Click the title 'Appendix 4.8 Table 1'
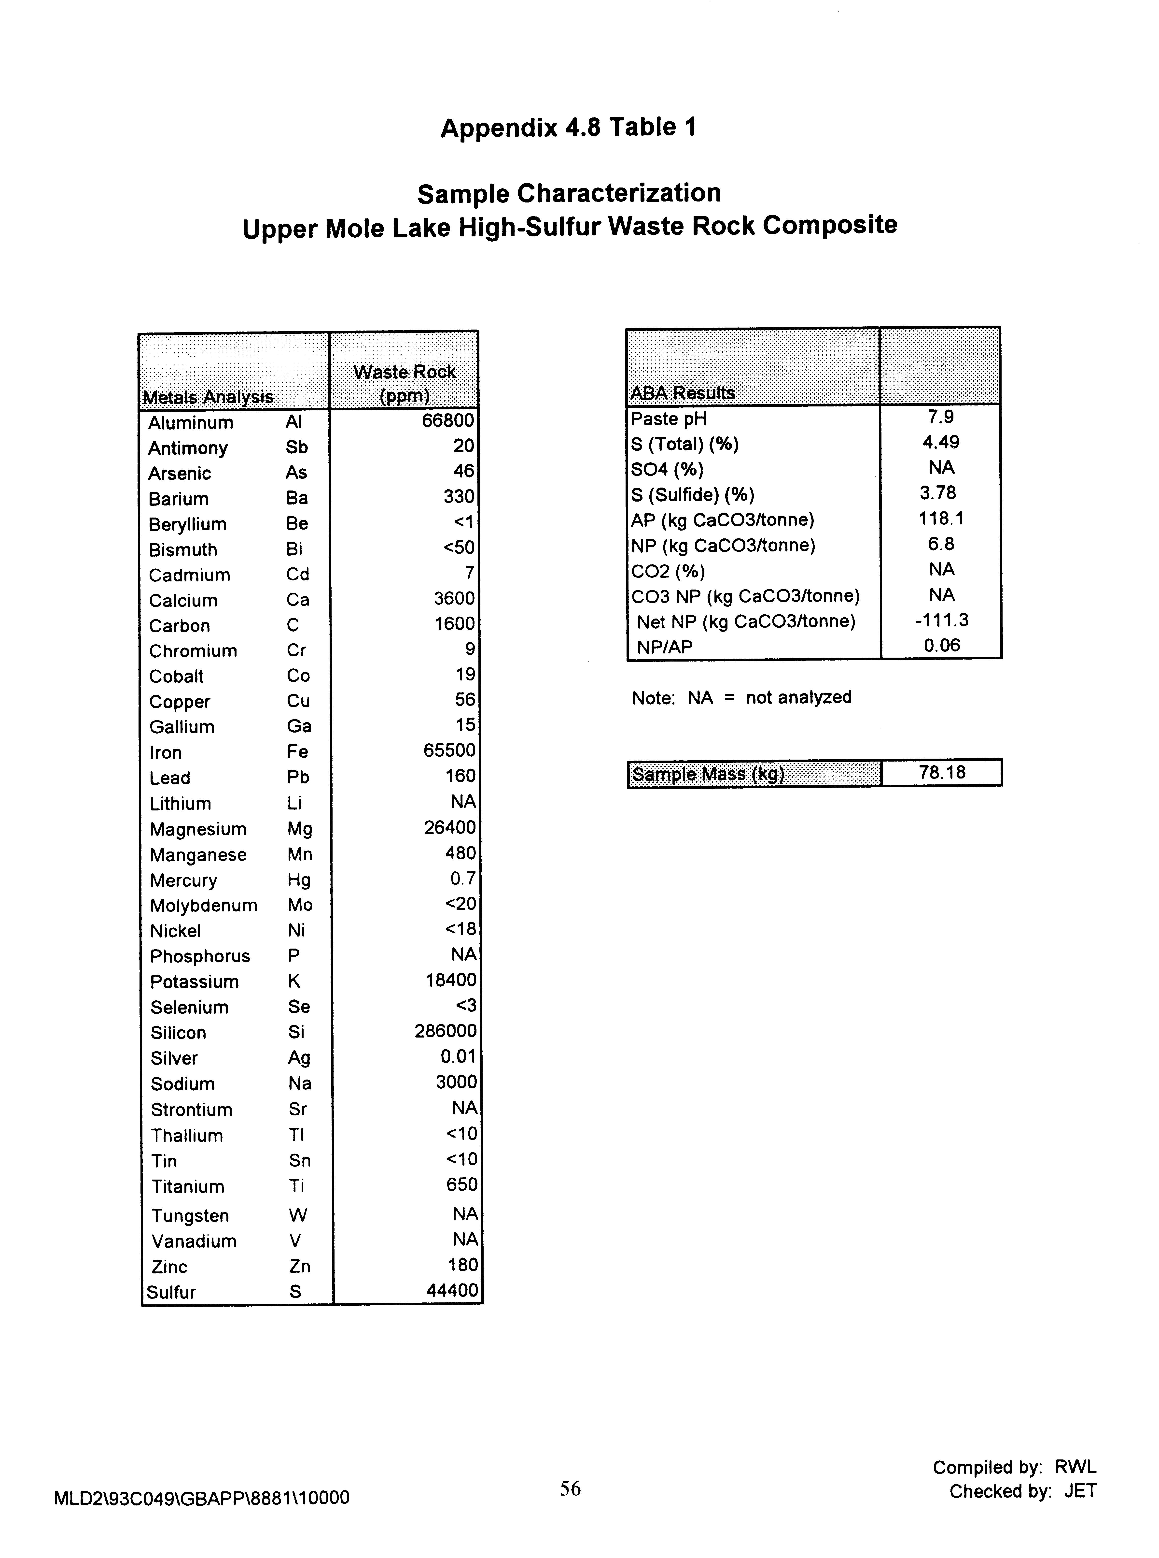(568, 128)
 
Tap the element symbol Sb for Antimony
(297, 447)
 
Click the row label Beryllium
(187, 524)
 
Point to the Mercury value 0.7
(462, 879)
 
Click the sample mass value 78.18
(941, 773)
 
